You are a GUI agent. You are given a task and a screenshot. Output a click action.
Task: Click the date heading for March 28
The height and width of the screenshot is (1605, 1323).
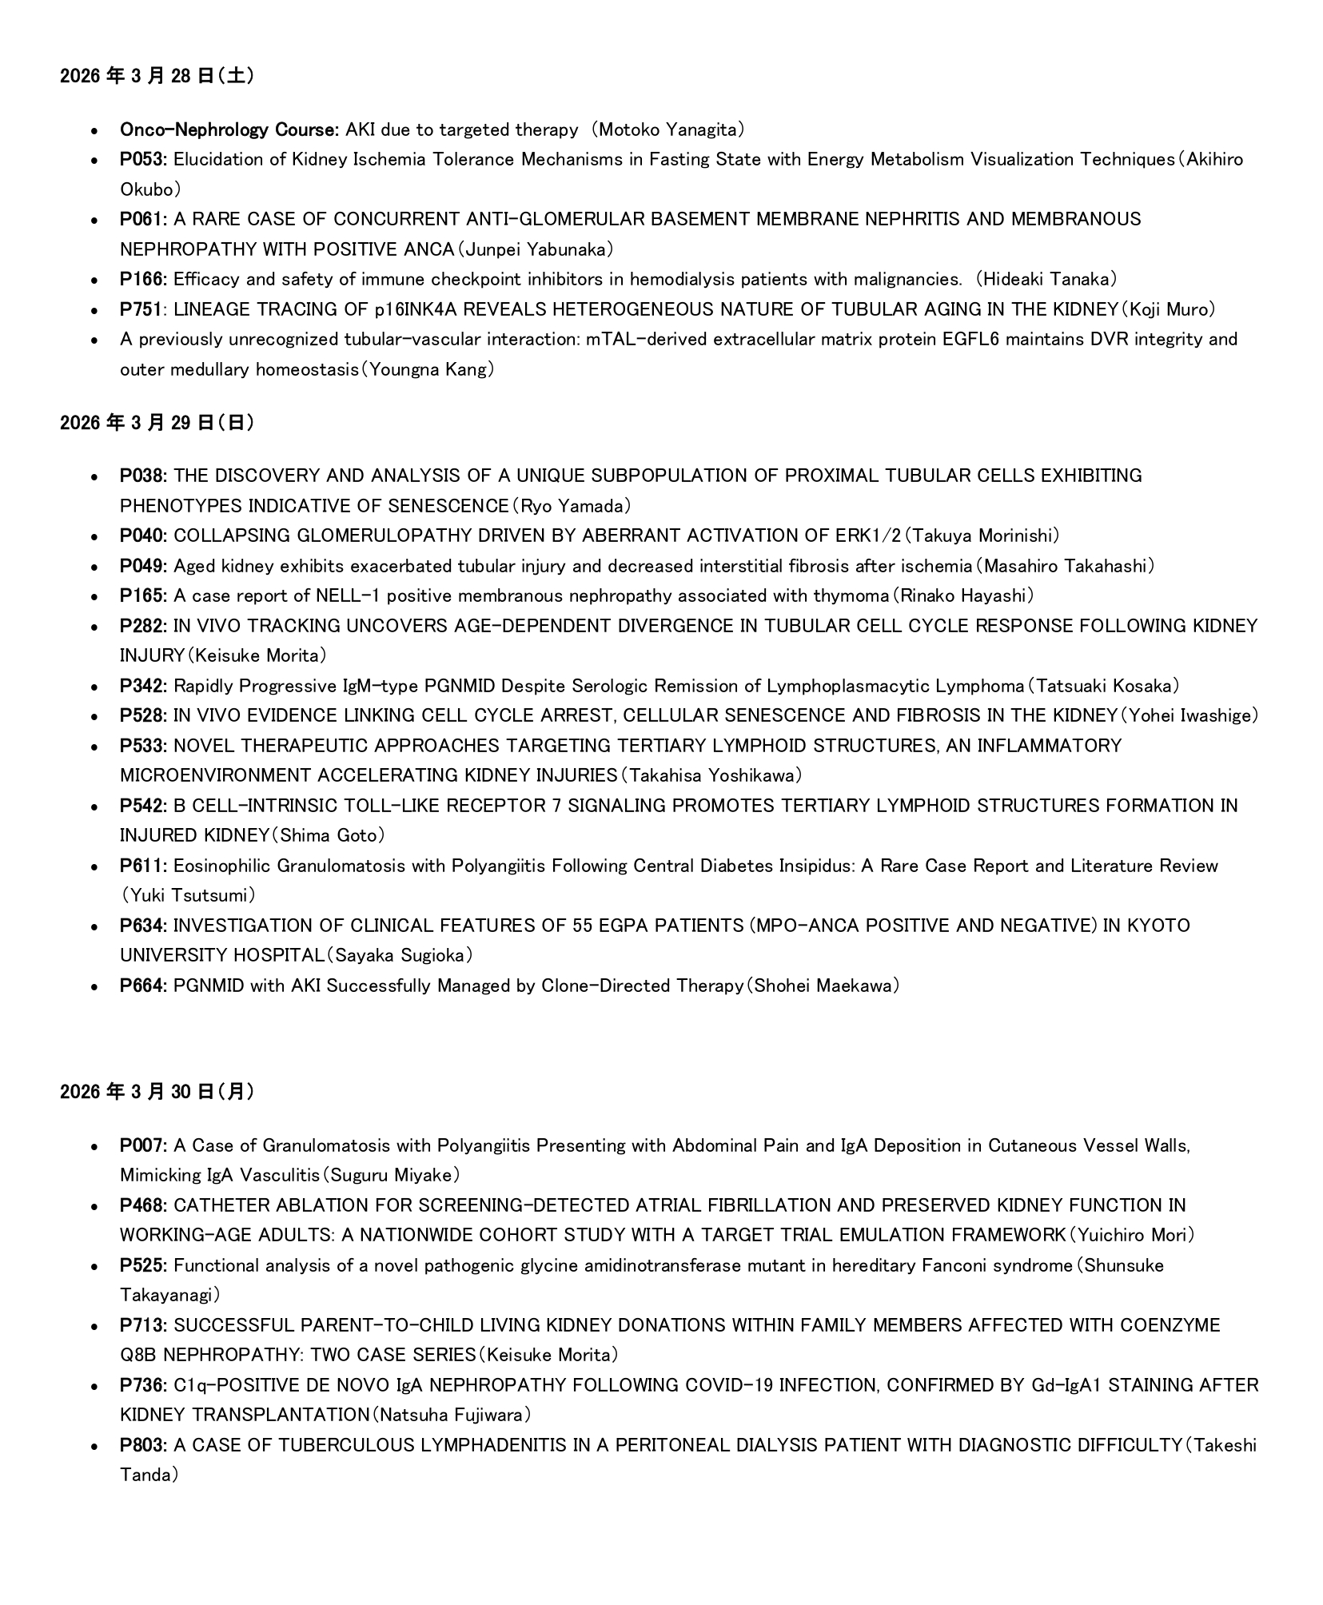(157, 76)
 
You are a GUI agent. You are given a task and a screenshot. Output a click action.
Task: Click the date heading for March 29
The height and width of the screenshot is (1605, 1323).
(157, 423)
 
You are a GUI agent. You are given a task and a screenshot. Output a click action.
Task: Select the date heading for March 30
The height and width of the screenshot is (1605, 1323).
(157, 1092)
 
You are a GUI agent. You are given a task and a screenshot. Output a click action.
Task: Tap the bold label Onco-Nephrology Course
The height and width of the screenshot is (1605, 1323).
(230, 129)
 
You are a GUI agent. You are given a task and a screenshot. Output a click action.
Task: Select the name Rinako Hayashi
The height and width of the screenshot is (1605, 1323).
(962, 595)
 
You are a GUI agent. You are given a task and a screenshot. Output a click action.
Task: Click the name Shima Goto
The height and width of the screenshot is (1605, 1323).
(328, 835)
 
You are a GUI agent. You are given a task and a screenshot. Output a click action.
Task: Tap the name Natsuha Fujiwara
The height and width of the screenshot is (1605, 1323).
(451, 1415)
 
